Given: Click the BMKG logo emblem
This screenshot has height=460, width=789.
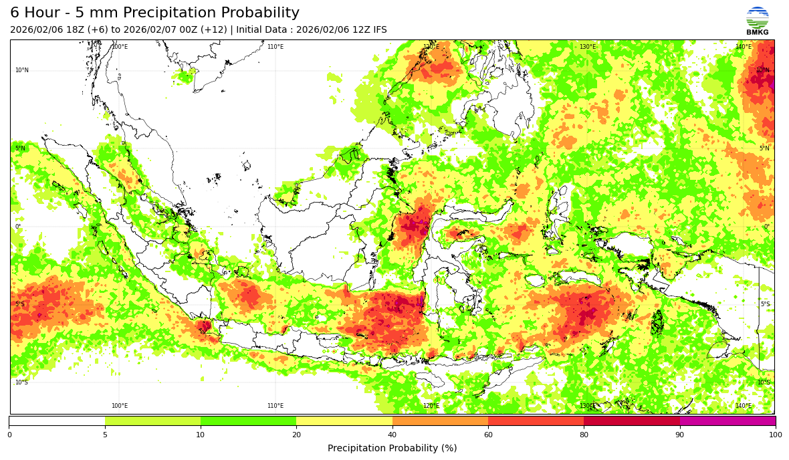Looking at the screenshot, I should (758, 17).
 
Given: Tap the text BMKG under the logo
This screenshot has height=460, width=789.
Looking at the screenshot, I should (758, 32).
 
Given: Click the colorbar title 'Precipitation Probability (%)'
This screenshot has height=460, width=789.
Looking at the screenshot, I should (392, 448).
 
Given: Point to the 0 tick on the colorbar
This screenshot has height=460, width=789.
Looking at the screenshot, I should (9, 435).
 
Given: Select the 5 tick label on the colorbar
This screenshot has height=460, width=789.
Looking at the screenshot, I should (105, 435).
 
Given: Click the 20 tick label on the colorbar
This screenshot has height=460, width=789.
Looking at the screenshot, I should (296, 435).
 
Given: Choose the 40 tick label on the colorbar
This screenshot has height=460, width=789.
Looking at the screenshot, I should (392, 435).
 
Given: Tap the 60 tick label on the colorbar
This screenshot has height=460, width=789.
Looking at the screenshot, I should (488, 435).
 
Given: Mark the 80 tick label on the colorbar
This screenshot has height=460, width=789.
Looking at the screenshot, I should (584, 435).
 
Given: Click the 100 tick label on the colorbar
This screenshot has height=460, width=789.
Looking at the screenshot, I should (775, 435).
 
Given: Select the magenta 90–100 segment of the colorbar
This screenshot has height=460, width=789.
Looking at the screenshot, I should (727, 421).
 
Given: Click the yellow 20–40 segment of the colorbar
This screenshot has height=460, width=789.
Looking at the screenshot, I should (344, 421).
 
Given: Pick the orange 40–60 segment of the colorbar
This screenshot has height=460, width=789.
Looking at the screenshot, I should (440, 421).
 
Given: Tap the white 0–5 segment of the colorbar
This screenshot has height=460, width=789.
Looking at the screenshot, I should (57, 421).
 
